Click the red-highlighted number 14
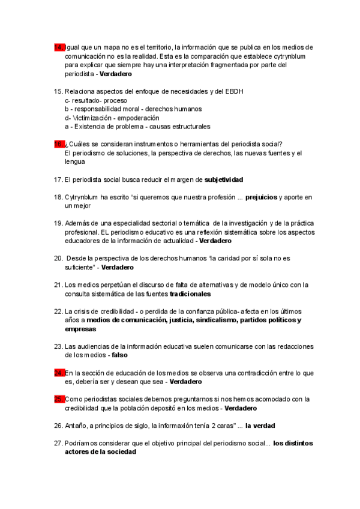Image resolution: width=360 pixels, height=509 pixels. click(59, 47)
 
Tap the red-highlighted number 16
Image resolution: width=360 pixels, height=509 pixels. click(59, 144)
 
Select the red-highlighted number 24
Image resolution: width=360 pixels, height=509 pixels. click(59, 373)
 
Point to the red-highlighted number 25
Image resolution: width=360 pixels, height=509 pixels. click(59, 399)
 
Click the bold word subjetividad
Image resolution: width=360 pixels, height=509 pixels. click(224, 179)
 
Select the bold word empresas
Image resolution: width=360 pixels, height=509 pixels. click(80, 330)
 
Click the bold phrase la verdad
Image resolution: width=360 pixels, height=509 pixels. click(260, 426)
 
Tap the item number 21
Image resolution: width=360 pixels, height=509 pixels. click(58, 285)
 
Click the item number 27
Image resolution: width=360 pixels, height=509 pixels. click(58, 443)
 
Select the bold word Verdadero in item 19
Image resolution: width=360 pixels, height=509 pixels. click(215, 241)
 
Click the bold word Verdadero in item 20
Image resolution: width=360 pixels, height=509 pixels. click(118, 267)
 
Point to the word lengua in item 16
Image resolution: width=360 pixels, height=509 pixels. click(75, 162)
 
